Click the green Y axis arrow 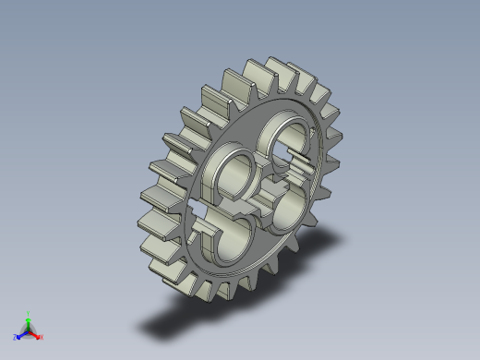[29, 318]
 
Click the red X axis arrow [36, 334]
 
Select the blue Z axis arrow [21, 334]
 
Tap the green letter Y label [29, 312]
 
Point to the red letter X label [42, 337]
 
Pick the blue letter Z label [16, 337]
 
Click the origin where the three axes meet [29, 330]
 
